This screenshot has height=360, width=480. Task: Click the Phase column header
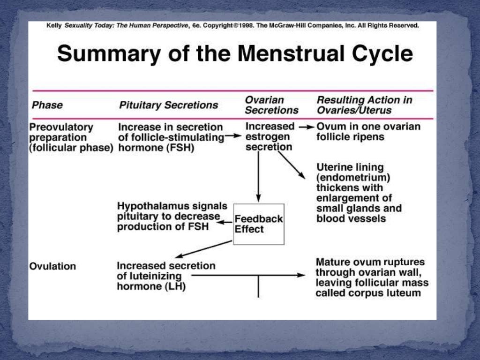pyautogui.click(x=47, y=105)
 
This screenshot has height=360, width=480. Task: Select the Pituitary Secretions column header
pyautogui.click(x=168, y=105)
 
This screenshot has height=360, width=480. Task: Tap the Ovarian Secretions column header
pyautogui.click(x=271, y=105)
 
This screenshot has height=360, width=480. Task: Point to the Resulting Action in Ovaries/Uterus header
pyautogui.click(x=364, y=105)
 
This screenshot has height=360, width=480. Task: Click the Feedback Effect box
pyautogui.click(x=259, y=224)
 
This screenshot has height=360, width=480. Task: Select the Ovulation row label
pyautogui.click(x=52, y=266)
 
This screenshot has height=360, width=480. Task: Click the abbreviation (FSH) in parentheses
pyautogui.click(x=180, y=148)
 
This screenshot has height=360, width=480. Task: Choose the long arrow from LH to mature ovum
pyautogui.click(x=248, y=275)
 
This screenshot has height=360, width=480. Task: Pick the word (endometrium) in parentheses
pyautogui.click(x=353, y=178)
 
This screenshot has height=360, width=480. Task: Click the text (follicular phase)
pyautogui.click(x=72, y=148)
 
